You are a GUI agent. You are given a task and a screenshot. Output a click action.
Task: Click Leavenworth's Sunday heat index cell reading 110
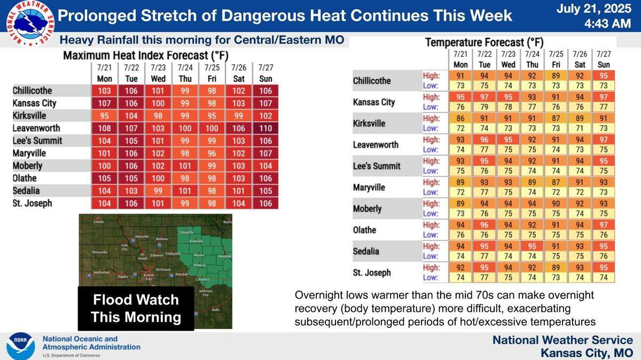click(x=265, y=128)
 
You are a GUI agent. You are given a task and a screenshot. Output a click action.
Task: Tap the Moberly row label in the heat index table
click(x=28, y=166)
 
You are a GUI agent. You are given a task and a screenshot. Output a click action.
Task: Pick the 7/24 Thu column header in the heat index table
click(x=185, y=73)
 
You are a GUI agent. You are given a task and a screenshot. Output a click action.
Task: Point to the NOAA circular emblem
click(x=21, y=346)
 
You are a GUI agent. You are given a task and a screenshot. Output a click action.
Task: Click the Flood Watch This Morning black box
click(x=136, y=308)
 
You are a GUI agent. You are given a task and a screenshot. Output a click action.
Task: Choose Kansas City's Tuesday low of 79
click(x=484, y=107)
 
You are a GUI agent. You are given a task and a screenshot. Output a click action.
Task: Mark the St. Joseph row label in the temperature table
click(x=372, y=272)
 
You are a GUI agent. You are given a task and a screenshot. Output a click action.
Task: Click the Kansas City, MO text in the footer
click(x=586, y=353)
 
